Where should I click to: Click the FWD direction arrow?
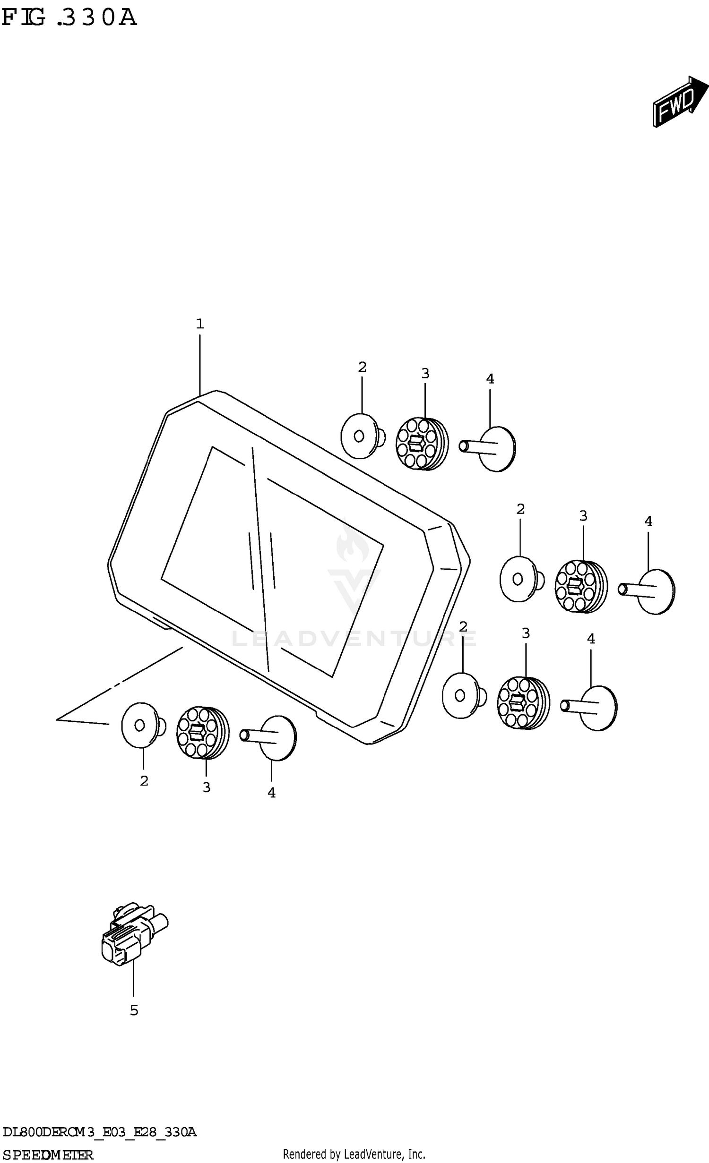pyautogui.click(x=680, y=102)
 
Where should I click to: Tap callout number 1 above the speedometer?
pyautogui.click(x=200, y=324)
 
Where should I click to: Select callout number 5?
pyautogui.click(x=134, y=1010)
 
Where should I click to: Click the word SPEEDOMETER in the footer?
pyautogui.click(x=48, y=1155)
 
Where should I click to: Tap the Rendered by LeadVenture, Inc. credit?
pyautogui.click(x=354, y=1154)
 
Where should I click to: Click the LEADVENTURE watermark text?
pyautogui.click(x=354, y=639)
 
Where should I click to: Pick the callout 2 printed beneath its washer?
pyautogui.click(x=144, y=781)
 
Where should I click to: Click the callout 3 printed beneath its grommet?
pyautogui.click(x=207, y=787)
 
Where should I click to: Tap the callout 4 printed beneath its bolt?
pyautogui.click(x=271, y=793)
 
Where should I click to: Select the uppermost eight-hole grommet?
pyautogui.click(x=422, y=443)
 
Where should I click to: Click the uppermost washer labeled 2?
pyautogui.click(x=363, y=436)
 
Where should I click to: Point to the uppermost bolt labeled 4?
pyautogui.click(x=488, y=448)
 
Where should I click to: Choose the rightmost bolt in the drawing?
pyautogui.click(x=647, y=591)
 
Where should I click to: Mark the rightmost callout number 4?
pyautogui.click(x=648, y=522)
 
